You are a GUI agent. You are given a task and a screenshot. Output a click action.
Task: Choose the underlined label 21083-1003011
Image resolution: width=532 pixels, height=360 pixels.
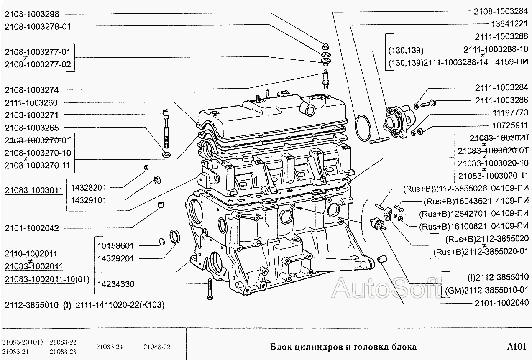33,190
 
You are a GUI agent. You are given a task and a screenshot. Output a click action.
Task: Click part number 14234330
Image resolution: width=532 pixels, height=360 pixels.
115,284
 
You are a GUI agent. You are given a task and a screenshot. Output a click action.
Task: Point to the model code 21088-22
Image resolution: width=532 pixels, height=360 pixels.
157,347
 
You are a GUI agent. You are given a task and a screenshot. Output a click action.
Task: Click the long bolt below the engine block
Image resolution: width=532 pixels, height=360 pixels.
207,289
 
